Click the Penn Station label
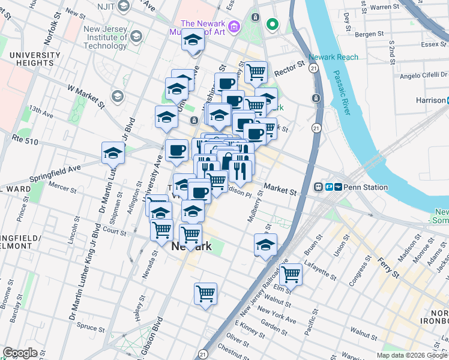point(367,187)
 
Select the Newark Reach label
point(333,58)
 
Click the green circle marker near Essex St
point(272,25)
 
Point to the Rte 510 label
point(25,139)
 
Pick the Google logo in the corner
point(20,353)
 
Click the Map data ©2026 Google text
point(412,355)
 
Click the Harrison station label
point(431,100)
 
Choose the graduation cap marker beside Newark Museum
point(193,41)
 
